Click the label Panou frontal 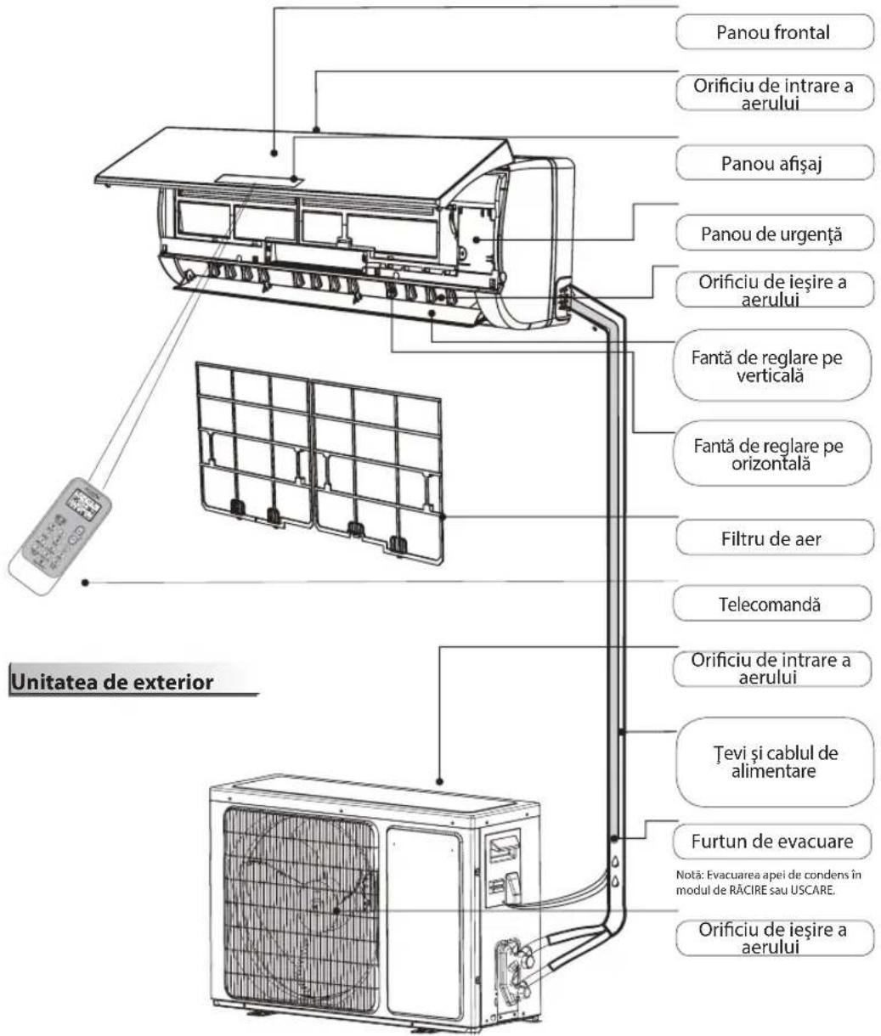point(773,34)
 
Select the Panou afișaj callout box point(773,163)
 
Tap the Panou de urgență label point(773,234)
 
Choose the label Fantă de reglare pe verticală point(773,368)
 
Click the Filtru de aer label point(773,538)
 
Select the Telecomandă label point(773,604)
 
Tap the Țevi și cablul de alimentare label point(773,763)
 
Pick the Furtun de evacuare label point(773,842)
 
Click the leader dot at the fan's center point(337,909)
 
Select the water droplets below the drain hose point(613,870)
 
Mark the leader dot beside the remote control point(86,582)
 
